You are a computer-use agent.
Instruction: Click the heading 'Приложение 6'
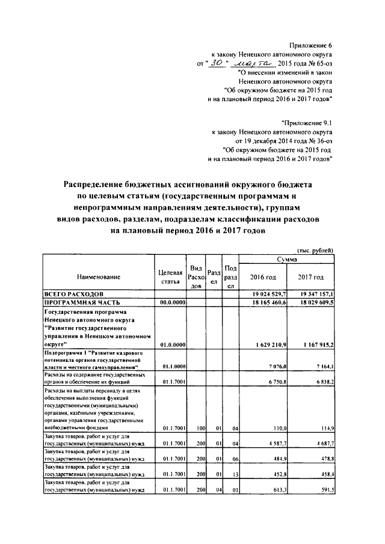(x=310, y=45)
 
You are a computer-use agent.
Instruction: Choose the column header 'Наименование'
(x=98, y=277)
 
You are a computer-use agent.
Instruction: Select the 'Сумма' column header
(x=288, y=258)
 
